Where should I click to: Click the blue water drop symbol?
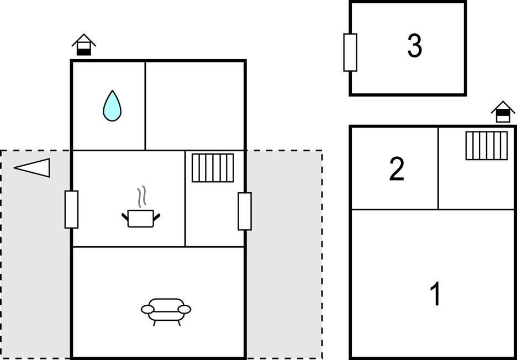pyautogui.click(x=112, y=105)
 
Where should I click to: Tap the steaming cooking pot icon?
pyautogui.click(x=141, y=207)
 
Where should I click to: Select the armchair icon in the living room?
pyautogui.click(x=166, y=312)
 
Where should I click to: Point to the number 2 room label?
pyautogui.click(x=397, y=169)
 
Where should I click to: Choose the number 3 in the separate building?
pyautogui.click(x=414, y=46)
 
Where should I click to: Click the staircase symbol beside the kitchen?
pyautogui.click(x=213, y=168)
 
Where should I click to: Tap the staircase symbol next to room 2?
pyautogui.click(x=486, y=146)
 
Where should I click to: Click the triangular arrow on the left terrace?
pyautogui.click(x=32, y=168)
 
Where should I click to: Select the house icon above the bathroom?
pyautogui.click(x=84, y=45)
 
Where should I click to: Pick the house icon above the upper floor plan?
pyautogui.click(x=503, y=112)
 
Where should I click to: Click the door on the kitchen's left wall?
pyautogui.click(x=72, y=209)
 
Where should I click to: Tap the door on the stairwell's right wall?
pyautogui.click(x=245, y=211)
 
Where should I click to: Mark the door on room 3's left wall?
pyautogui.click(x=350, y=52)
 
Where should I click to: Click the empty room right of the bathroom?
pyautogui.click(x=195, y=106)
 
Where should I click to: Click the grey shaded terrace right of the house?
pyautogui.click(x=284, y=254)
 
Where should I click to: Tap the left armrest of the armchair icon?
pyautogui.click(x=147, y=309)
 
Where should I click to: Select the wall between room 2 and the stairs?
pyautogui.click(x=438, y=168)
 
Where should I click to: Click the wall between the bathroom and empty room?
pyautogui.click(x=145, y=106)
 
